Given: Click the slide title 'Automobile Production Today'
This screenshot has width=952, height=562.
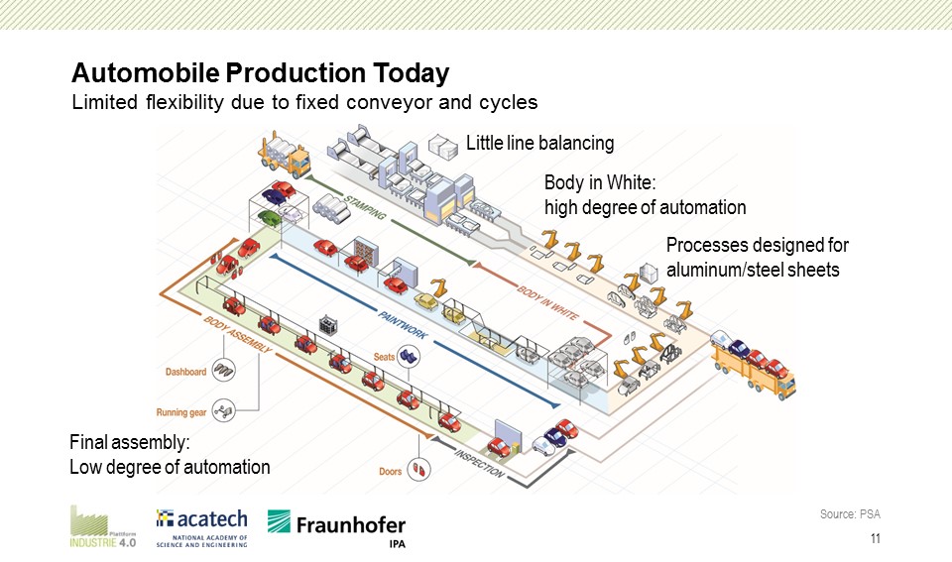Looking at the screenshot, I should pos(260,73).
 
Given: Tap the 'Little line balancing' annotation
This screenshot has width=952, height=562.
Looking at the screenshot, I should pos(540,144).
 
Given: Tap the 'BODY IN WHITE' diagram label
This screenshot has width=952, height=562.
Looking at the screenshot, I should pos(548,302).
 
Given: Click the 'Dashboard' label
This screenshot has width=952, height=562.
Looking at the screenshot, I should pos(185,372).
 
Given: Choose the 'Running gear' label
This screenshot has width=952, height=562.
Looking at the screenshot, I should pos(180,411).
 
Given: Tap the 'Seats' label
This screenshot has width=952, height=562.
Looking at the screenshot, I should pos(385,356).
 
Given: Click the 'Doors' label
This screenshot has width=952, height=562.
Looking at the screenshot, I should pos(391,471).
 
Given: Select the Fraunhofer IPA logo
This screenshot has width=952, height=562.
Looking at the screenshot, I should pos(336,528).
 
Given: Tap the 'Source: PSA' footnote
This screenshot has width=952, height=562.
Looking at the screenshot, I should pos(850,513).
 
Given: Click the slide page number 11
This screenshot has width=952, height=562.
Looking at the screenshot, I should pos(875,539).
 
